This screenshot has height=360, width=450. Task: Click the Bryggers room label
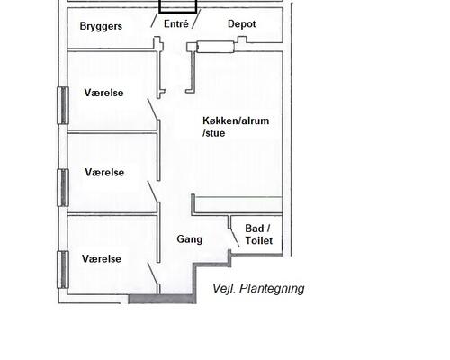click(100, 26)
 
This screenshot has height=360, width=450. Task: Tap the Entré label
click(175, 24)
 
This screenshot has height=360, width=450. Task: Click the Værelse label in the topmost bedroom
click(103, 93)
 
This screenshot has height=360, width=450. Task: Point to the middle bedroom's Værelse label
click(103, 172)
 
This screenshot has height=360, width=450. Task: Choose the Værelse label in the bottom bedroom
click(102, 258)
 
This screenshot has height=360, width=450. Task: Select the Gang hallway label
click(189, 240)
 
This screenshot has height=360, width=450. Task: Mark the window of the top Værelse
click(62, 104)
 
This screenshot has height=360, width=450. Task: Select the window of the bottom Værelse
click(62, 269)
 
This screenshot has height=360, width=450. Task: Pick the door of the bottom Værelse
click(153, 276)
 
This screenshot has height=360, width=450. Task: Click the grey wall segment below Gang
click(162, 298)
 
